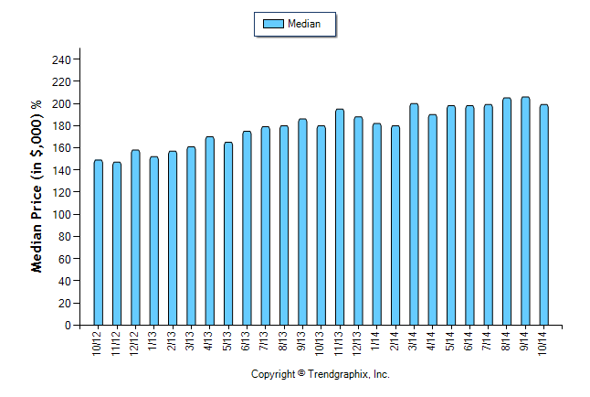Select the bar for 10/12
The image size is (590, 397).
pyautogui.click(x=98, y=242)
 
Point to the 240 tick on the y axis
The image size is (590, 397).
pyautogui.click(x=60, y=59)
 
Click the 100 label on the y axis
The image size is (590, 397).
pyautogui.click(x=60, y=215)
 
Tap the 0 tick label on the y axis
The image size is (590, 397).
pyautogui.click(x=67, y=326)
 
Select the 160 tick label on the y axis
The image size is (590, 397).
pyautogui.click(x=60, y=148)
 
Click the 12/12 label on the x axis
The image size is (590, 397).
pyautogui.click(x=135, y=339)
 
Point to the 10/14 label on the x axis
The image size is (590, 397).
pyautogui.click(x=544, y=339)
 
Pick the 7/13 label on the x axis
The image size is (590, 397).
pyautogui.click(x=266, y=339)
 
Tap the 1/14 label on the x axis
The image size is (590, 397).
pyautogui.click(x=377, y=339)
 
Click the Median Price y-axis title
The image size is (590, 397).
pyautogui.click(x=37, y=187)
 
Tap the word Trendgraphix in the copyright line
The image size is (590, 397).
pyautogui.click(x=338, y=374)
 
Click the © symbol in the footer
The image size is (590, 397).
pyautogui.click(x=302, y=373)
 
